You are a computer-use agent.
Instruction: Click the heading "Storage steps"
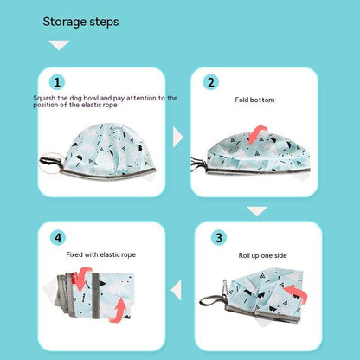(x=80, y=22)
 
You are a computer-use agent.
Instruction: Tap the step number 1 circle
(x=57, y=83)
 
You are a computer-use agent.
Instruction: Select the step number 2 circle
(x=211, y=82)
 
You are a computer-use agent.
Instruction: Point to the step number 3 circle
(x=219, y=238)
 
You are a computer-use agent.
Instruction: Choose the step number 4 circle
(x=58, y=238)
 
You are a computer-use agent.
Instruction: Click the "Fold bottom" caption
(x=254, y=100)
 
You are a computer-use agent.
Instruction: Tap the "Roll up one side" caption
(x=262, y=255)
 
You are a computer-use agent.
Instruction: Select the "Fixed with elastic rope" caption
(x=101, y=254)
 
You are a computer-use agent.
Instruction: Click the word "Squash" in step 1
(x=44, y=98)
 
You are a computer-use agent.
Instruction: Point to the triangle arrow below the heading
(x=59, y=45)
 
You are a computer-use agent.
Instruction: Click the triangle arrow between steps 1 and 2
(x=177, y=138)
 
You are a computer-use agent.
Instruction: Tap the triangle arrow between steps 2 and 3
(x=257, y=211)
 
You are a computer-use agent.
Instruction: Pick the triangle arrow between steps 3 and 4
(x=177, y=290)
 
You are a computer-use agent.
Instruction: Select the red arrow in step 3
(x=296, y=292)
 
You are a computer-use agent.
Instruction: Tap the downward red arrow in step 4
(x=83, y=279)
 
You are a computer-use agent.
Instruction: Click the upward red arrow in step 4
(x=119, y=309)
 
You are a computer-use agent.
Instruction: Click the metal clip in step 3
(x=224, y=287)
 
